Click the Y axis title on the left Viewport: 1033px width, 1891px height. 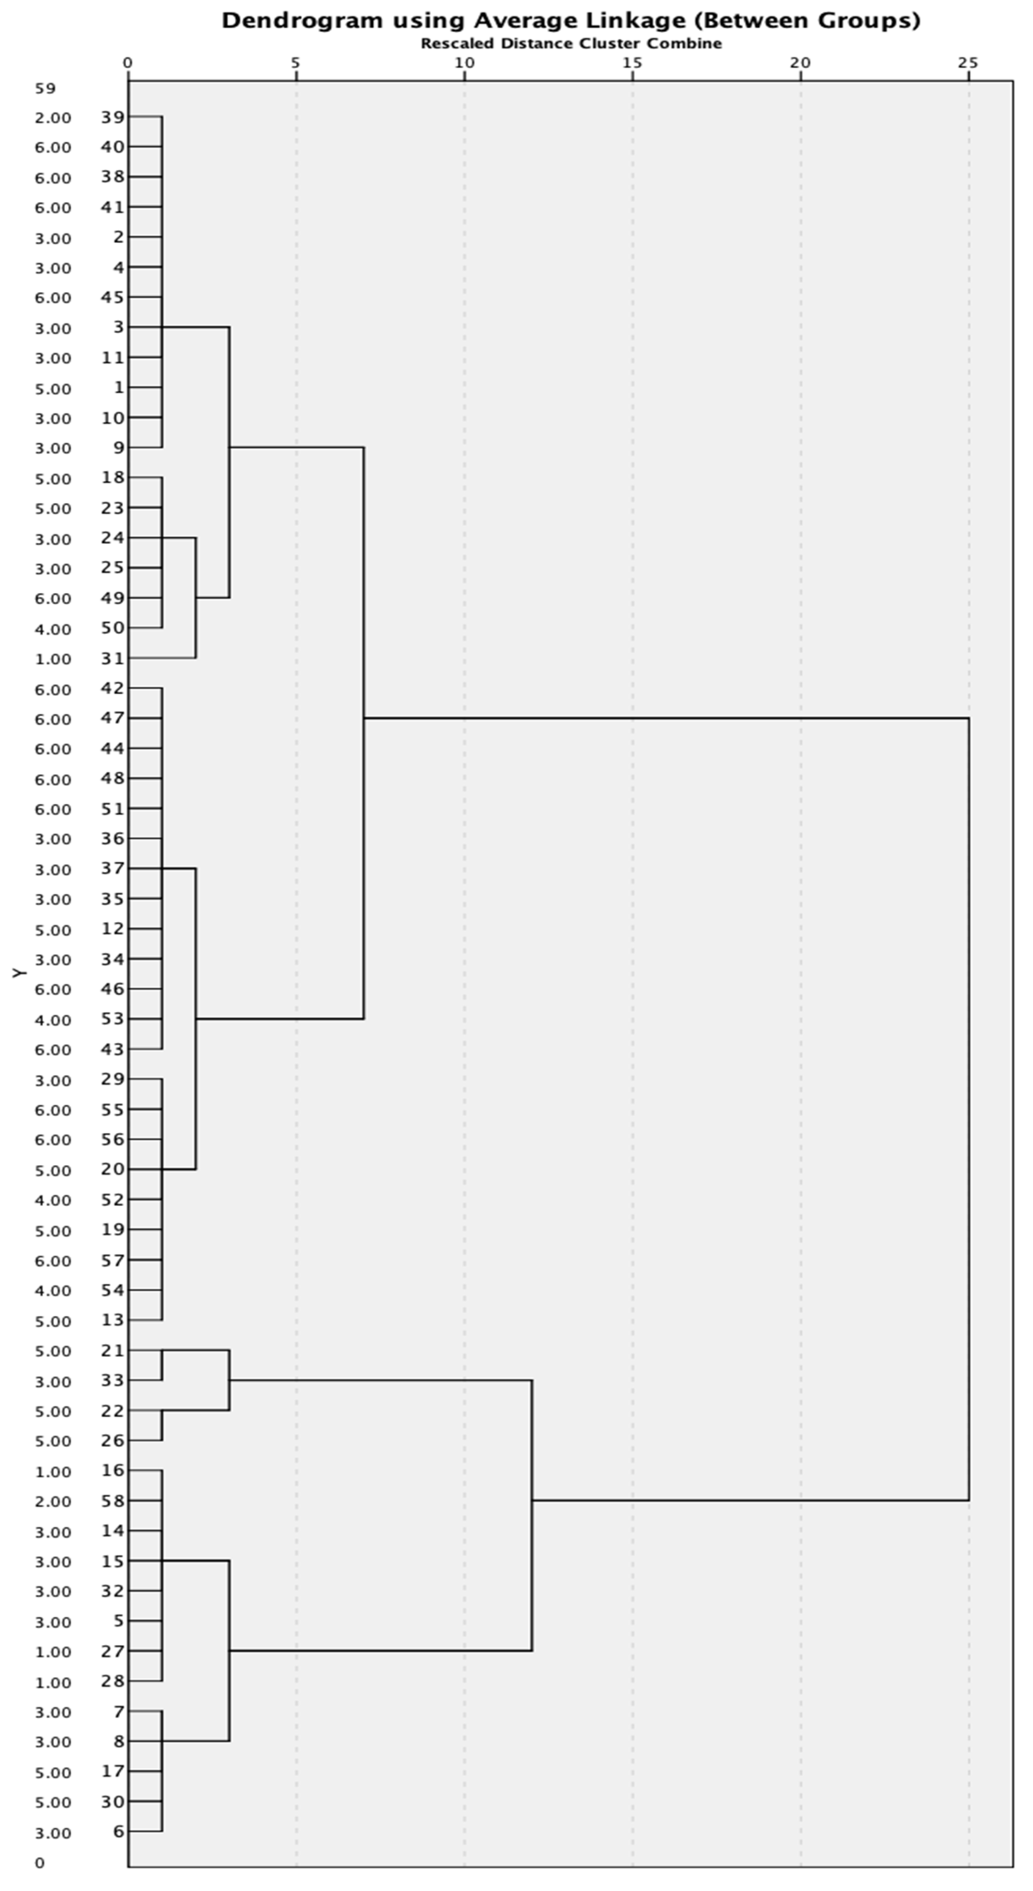point(20,973)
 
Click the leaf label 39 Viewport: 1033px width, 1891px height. point(113,117)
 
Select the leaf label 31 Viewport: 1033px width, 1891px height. point(113,659)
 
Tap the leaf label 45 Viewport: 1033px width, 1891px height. point(113,297)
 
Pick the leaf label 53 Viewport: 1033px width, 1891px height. point(113,1019)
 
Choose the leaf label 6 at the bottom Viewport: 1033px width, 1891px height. point(118,1831)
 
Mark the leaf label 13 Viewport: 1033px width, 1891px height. point(113,1320)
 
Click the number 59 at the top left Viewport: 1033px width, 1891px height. point(45,89)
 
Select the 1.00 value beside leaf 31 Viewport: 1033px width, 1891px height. point(53,659)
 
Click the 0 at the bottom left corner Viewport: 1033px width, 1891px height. point(40,1862)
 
